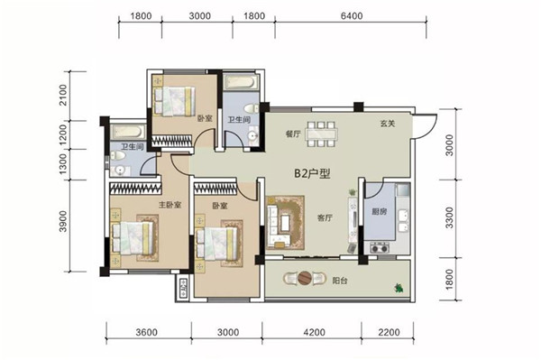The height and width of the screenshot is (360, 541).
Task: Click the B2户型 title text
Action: coord(312,173)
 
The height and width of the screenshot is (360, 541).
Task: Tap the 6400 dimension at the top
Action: coord(353,16)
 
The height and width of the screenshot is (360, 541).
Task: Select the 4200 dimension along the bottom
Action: coord(315,332)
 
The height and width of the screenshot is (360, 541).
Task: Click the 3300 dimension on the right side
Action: coord(449,217)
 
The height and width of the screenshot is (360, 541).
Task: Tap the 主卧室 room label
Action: coord(170,205)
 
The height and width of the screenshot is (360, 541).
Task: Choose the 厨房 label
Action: coord(380,212)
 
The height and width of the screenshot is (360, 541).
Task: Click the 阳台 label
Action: coord(340,281)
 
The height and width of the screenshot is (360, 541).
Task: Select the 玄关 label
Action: coord(388,124)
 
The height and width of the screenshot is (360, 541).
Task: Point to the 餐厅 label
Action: coord(293,134)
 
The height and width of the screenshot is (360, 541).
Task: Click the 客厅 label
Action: coord(325,217)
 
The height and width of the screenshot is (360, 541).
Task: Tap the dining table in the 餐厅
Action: coord(322,134)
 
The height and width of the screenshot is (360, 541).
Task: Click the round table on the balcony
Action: coord(305,278)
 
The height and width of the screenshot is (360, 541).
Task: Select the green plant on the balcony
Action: coord(399,288)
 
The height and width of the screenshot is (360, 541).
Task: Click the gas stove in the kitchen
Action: coord(380,247)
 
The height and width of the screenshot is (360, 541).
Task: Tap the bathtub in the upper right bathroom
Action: coord(241,82)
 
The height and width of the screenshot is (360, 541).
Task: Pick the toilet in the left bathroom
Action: coord(118,156)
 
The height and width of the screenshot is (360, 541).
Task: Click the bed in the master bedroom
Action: coord(133,237)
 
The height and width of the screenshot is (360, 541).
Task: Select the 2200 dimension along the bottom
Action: coord(389,332)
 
